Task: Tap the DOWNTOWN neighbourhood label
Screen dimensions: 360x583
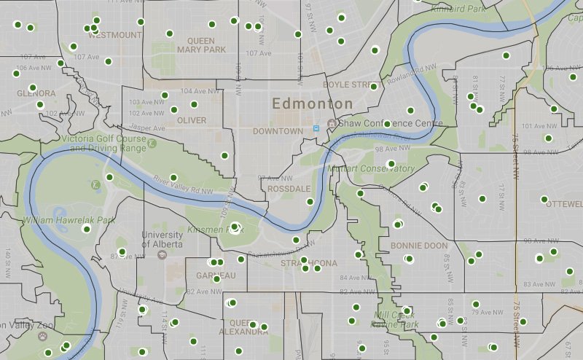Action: pos(277,131)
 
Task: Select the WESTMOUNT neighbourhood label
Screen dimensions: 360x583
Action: pos(114,35)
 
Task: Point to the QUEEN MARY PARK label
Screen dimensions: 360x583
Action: pos(206,45)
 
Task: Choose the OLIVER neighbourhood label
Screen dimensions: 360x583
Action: pos(192,120)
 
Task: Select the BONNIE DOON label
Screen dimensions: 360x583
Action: pos(419,246)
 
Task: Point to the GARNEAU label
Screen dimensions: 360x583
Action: pos(216,275)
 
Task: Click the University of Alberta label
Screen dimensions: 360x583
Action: pos(162,240)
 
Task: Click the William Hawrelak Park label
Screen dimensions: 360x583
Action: pos(69,219)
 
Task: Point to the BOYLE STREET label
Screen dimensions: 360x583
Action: pos(352,85)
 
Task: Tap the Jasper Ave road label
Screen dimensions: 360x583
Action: pos(150,128)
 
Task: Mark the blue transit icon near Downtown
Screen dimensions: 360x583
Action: pos(316,128)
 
